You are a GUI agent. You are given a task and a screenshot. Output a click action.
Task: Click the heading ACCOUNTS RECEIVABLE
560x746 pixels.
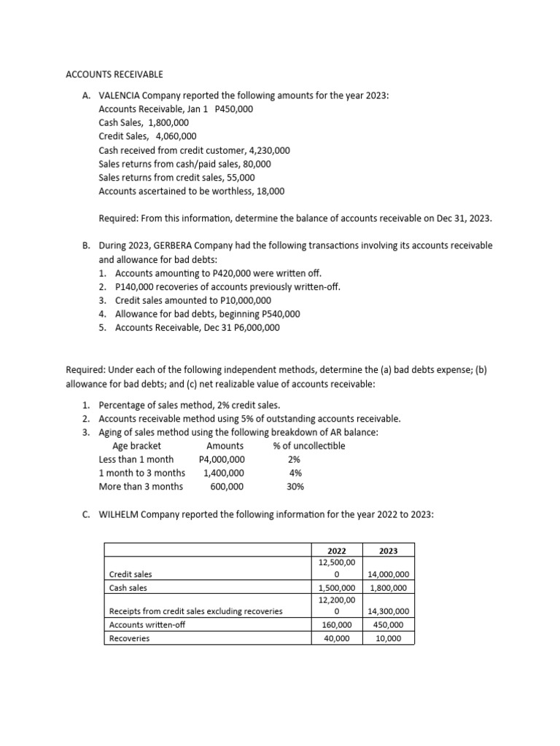[x=114, y=74]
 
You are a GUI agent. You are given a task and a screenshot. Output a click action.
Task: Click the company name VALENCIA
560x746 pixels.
[x=121, y=95]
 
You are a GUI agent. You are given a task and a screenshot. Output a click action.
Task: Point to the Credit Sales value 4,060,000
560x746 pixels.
[x=176, y=136]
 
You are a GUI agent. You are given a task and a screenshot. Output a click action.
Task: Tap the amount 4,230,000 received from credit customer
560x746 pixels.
[x=265, y=150]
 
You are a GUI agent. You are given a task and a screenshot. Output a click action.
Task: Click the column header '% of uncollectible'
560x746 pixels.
[x=308, y=446]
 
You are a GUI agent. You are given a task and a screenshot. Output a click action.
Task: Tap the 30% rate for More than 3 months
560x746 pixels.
[x=295, y=487]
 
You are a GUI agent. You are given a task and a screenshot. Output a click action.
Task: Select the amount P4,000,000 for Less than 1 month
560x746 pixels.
[x=222, y=460]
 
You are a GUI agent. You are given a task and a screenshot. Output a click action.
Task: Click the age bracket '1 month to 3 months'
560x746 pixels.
[x=141, y=473]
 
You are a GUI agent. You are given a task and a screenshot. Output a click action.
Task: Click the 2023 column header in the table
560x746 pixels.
[x=389, y=551]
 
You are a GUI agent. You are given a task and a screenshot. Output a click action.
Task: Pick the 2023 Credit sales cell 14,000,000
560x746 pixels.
[x=389, y=575]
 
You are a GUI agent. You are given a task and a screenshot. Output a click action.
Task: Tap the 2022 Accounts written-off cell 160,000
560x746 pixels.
[x=337, y=625]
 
